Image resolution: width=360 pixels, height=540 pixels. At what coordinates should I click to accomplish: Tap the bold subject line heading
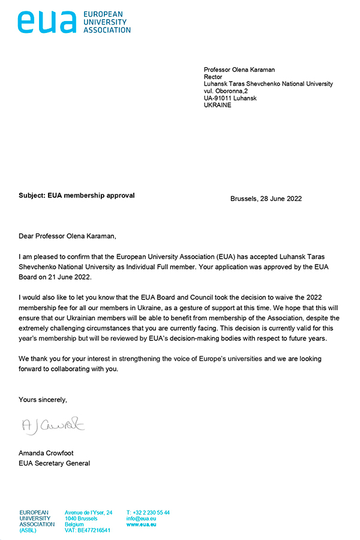click(77, 196)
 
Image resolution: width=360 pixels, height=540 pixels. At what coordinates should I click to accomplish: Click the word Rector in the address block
click(213, 77)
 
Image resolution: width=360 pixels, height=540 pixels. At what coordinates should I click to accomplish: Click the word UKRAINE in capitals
click(217, 106)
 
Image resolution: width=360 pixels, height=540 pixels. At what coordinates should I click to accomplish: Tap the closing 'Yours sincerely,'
click(43, 399)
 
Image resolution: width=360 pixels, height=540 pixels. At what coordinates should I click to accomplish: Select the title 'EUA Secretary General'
click(54, 463)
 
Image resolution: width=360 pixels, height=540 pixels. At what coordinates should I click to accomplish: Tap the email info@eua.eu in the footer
click(142, 518)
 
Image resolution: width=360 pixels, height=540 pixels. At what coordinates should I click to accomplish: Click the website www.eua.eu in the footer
click(142, 524)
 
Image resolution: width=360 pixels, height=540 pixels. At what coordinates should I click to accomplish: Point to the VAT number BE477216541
click(88, 530)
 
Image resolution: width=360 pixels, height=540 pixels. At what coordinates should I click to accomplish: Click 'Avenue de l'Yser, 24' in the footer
click(89, 512)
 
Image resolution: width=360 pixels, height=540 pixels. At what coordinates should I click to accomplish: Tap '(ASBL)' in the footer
click(29, 530)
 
